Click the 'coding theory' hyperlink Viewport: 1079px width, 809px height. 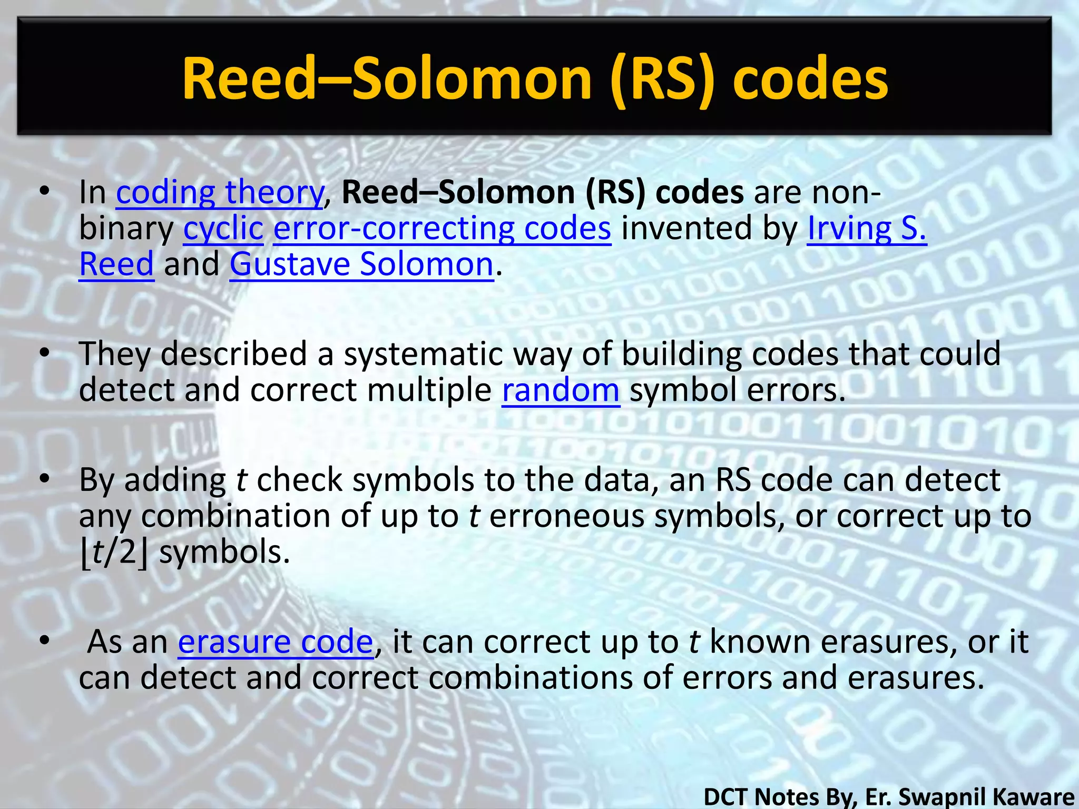tap(219, 192)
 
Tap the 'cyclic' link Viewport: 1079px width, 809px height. tap(223, 229)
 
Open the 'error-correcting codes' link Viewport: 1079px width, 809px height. tap(442, 229)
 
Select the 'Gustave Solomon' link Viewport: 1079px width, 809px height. tap(361, 264)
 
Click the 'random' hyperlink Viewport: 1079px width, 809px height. tap(561, 390)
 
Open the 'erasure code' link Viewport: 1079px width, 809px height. tap(276, 642)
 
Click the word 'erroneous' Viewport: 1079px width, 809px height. tap(566, 516)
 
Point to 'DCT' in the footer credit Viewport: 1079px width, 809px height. tap(727, 796)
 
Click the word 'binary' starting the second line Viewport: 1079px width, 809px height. tap(126, 229)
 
